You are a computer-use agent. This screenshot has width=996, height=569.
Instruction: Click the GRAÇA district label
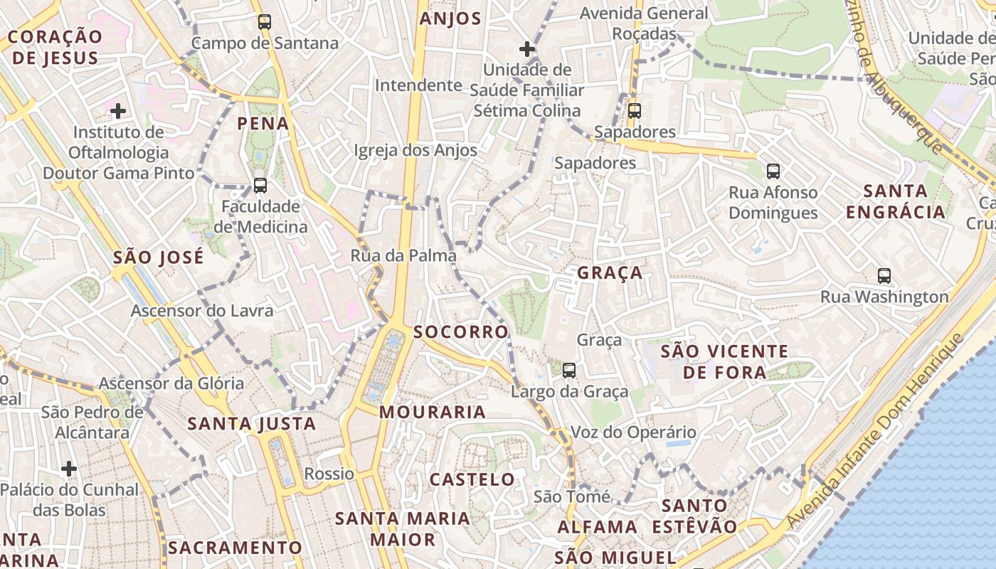coord(610,273)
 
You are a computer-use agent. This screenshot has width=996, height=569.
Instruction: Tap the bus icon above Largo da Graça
coord(569,371)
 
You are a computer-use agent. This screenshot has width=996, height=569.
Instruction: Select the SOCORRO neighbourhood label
coord(461,332)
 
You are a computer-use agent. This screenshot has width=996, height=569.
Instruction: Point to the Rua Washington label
coord(884,297)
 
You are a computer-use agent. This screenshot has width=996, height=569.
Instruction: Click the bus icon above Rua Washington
coord(884,276)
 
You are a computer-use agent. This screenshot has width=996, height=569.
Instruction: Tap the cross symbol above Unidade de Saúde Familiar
coord(526,49)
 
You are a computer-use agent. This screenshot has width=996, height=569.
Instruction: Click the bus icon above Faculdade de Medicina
coord(260,186)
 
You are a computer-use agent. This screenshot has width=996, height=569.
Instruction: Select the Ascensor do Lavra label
coord(202,311)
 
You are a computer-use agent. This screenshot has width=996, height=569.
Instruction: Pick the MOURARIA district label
coord(433,412)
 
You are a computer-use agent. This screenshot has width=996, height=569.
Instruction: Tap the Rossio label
coord(329,474)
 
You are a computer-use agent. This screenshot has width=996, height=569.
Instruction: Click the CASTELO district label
coord(472,479)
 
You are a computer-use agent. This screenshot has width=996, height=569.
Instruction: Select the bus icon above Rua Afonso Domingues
coord(773,171)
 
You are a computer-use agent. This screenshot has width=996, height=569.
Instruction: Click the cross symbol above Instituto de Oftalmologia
coord(118,111)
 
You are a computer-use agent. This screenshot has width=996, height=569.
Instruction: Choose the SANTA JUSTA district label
coord(252,425)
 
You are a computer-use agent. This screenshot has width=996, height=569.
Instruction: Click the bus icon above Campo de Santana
coord(265,22)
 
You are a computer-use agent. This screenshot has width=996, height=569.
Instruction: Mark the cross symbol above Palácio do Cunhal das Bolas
coord(69,469)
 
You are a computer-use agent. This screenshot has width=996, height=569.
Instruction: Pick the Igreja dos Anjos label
coord(415,151)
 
